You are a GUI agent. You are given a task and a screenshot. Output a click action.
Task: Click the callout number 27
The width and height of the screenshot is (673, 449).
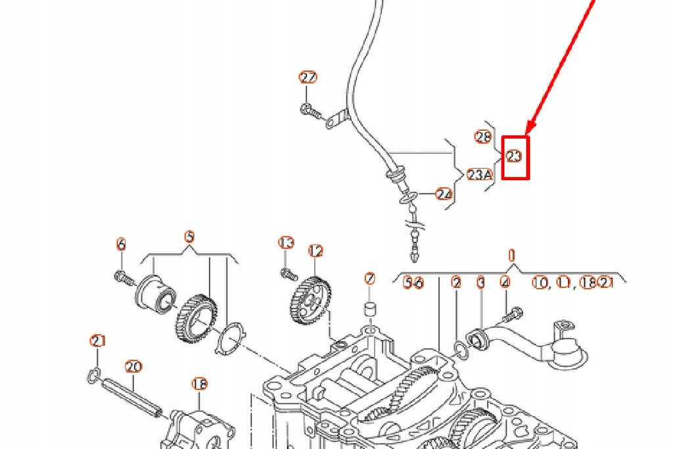308,78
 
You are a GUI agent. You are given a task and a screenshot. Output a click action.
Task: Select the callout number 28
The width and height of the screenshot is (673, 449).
483,137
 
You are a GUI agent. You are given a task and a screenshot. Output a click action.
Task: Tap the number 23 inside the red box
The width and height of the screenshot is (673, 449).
515,156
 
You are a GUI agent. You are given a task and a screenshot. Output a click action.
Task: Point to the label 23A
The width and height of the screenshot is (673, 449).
479,174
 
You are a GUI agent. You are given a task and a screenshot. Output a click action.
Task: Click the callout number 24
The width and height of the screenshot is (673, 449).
444,194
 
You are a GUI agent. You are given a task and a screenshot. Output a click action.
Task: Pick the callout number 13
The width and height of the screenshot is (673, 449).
286,243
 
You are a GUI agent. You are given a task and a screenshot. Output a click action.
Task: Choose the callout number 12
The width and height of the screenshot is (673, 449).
316,250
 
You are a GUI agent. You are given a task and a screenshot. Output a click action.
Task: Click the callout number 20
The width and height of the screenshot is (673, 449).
133,366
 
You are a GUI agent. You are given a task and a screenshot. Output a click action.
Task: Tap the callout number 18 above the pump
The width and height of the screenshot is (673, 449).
199,383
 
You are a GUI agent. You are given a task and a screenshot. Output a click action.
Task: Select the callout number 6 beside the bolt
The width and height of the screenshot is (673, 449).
120,245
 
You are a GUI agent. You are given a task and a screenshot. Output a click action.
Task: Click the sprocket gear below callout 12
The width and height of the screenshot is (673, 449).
310,300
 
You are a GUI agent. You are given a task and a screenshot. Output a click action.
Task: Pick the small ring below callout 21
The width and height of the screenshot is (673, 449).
94,375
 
